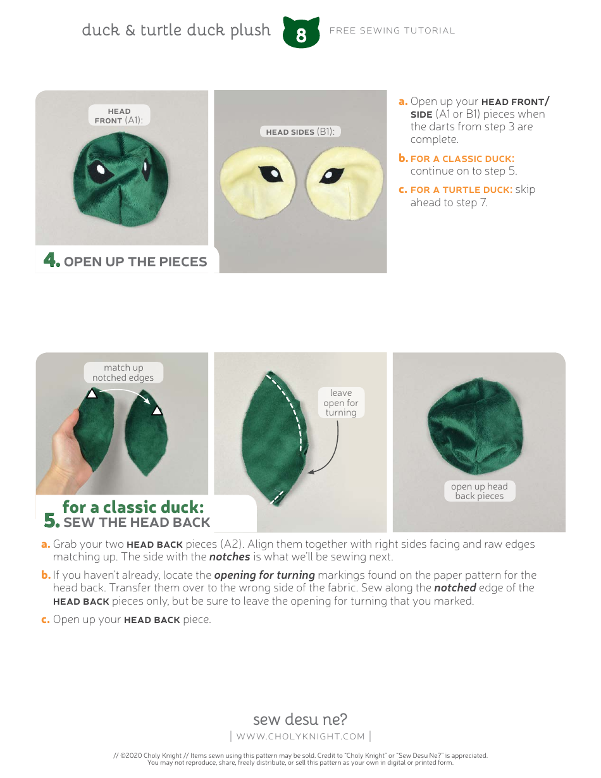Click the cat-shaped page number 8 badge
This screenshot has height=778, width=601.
[x=301, y=33]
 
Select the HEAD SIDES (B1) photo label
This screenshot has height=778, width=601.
[x=300, y=132]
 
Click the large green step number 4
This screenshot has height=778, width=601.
[x=51, y=260]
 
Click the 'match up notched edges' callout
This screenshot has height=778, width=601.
[x=123, y=373]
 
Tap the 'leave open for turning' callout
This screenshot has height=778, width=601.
[x=340, y=403]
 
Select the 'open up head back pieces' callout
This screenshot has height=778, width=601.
[x=479, y=491]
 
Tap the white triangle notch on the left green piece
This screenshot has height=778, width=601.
[x=92, y=393]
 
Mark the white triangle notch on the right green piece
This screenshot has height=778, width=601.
[x=157, y=411]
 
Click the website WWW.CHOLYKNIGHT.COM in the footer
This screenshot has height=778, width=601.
[x=300, y=736]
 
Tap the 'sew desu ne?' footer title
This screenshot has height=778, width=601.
[x=300, y=719]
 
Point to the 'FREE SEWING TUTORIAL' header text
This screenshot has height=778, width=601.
[x=392, y=30]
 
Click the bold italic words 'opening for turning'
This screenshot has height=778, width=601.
[x=264, y=575]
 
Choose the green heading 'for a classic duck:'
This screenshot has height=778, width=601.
[x=133, y=507]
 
